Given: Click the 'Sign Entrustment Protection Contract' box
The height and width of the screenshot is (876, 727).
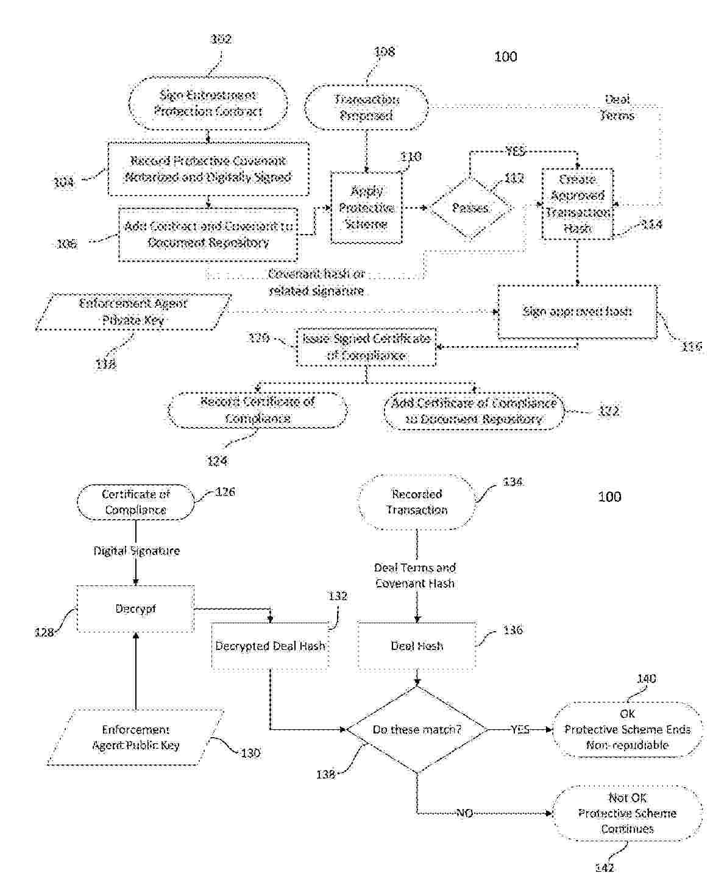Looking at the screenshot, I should pyautogui.click(x=208, y=104).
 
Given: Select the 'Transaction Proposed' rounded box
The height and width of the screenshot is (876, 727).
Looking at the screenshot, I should pyautogui.click(x=366, y=108).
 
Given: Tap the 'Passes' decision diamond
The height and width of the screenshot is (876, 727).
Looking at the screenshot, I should pyautogui.click(x=470, y=208).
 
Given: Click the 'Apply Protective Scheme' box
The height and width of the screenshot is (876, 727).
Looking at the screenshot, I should pyautogui.click(x=366, y=208).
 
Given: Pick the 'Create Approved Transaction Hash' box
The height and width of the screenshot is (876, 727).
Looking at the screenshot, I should pyautogui.click(x=577, y=204).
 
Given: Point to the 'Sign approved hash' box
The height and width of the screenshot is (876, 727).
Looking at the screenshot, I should pyautogui.click(x=577, y=312).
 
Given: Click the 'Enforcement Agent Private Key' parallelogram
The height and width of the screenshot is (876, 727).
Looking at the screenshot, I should pyautogui.click(x=133, y=312).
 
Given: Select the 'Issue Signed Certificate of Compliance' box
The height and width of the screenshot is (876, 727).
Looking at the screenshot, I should pyautogui.click(x=366, y=347).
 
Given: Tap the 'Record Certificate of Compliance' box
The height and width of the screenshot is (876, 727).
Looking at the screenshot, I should pyautogui.click(x=257, y=411).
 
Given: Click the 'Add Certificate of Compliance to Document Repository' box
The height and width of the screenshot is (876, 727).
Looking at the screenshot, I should pyautogui.click(x=473, y=411).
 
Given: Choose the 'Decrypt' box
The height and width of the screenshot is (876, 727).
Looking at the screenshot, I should pyautogui.click(x=135, y=609).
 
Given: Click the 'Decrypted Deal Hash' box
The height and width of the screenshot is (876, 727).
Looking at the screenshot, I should pyautogui.click(x=270, y=646).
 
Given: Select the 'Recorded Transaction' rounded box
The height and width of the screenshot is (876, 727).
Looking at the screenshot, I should pyautogui.click(x=417, y=503).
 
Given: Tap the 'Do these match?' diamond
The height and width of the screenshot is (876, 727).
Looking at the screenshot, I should pyautogui.click(x=417, y=729).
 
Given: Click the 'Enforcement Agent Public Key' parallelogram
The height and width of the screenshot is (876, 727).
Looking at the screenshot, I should pyautogui.click(x=135, y=738).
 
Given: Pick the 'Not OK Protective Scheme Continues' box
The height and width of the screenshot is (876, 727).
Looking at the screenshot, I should pyautogui.click(x=627, y=813).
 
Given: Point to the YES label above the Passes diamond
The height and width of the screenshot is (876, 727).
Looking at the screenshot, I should pyautogui.click(x=515, y=151).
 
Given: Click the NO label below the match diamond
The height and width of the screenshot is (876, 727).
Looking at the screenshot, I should pyautogui.click(x=464, y=813).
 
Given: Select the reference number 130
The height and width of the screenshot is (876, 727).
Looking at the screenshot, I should pyautogui.click(x=250, y=753).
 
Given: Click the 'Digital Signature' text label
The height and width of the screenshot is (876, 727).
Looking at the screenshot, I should pyautogui.click(x=137, y=551).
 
